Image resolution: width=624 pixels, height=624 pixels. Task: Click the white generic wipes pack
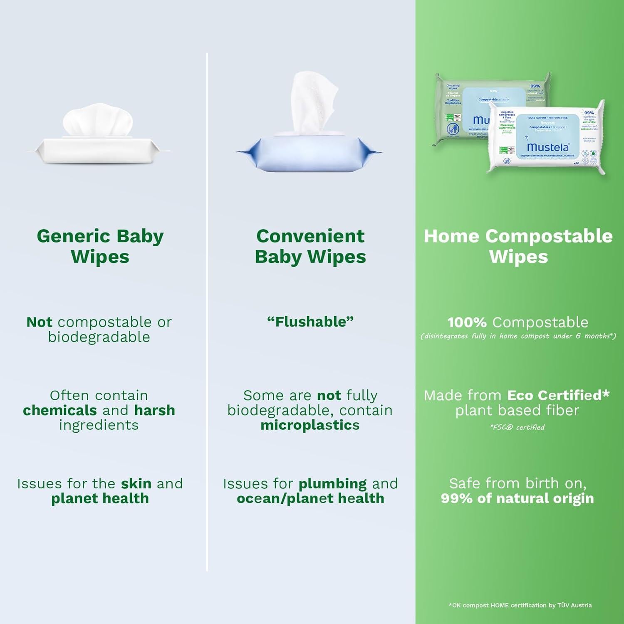[x=98, y=148]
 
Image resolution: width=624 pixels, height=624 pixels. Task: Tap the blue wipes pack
[x=309, y=153]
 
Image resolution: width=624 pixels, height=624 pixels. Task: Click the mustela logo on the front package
[x=547, y=147]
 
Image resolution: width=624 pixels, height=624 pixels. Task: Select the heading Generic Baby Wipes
[x=100, y=246]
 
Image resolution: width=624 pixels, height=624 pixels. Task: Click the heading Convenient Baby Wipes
[x=310, y=246]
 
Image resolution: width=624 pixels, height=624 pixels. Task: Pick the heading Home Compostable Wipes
[x=518, y=246]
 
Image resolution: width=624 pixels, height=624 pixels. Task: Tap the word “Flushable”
[x=310, y=322]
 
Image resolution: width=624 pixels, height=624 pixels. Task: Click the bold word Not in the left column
[x=39, y=322]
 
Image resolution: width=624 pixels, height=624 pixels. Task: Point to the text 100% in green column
[x=467, y=322]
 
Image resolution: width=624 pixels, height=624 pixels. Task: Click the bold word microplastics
[x=310, y=425]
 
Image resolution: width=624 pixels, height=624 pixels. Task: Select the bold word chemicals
[x=60, y=410]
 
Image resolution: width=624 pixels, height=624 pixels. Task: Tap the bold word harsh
[x=154, y=410]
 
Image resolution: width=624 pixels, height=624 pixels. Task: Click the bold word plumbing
[x=332, y=483]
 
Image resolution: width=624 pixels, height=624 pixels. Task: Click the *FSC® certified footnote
[x=517, y=427]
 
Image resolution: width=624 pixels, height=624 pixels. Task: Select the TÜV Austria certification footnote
[x=520, y=605]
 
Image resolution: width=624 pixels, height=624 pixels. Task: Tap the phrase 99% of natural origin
[x=517, y=498]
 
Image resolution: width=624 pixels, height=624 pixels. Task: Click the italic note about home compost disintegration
[x=518, y=336]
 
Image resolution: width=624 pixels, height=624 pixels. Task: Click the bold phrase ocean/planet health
[x=310, y=498]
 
